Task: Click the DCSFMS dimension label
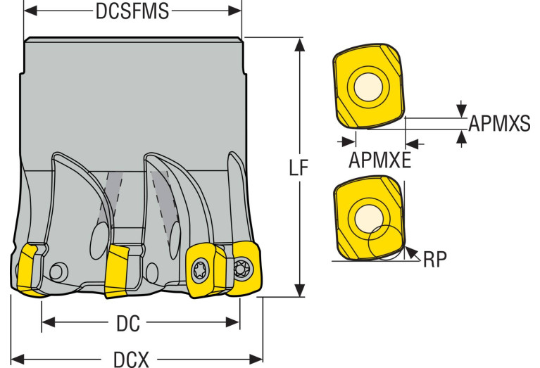[x=132, y=12]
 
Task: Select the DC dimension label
[x=127, y=324]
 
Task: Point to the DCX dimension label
[x=131, y=360]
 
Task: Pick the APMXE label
[x=379, y=160]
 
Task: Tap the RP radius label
[x=435, y=259]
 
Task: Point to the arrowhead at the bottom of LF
[x=301, y=289]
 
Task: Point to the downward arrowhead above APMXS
[x=461, y=110]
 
